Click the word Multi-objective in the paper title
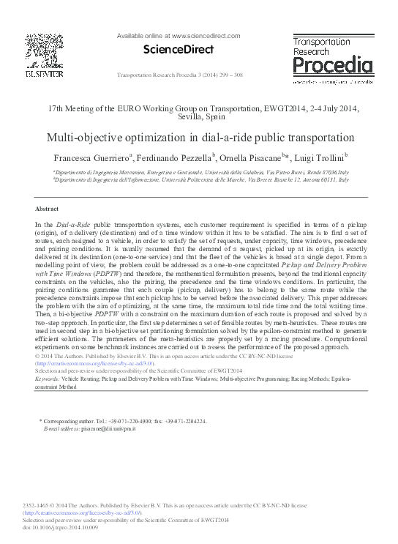tap(81, 137)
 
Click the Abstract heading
tap(47, 209)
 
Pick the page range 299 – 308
tap(233, 76)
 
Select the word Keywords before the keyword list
tap(48, 379)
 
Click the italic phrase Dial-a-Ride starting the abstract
tap(71, 223)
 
